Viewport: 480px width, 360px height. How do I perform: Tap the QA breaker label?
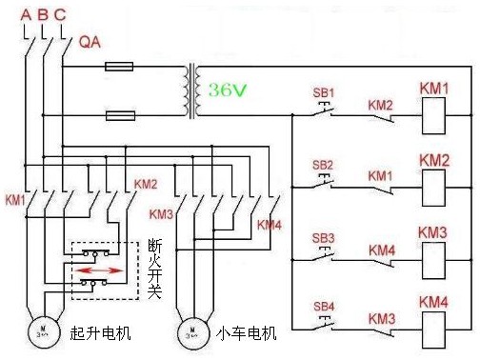point(90,42)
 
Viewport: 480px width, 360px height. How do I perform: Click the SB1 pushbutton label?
point(324,93)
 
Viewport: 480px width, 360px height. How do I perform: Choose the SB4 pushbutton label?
point(324,306)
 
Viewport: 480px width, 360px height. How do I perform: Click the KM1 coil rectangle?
point(433,114)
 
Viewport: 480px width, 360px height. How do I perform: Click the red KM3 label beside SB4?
point(381,317)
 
